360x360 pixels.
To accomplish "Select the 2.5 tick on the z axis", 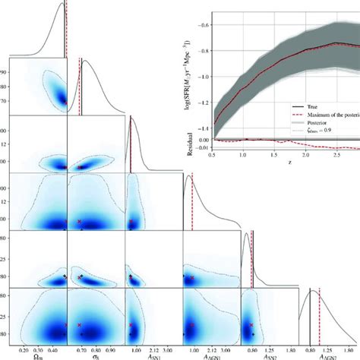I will [x=336, y=153].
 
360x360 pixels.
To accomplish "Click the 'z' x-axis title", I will [x=289, y=162].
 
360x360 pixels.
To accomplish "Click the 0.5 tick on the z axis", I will [x=210, y=153].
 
